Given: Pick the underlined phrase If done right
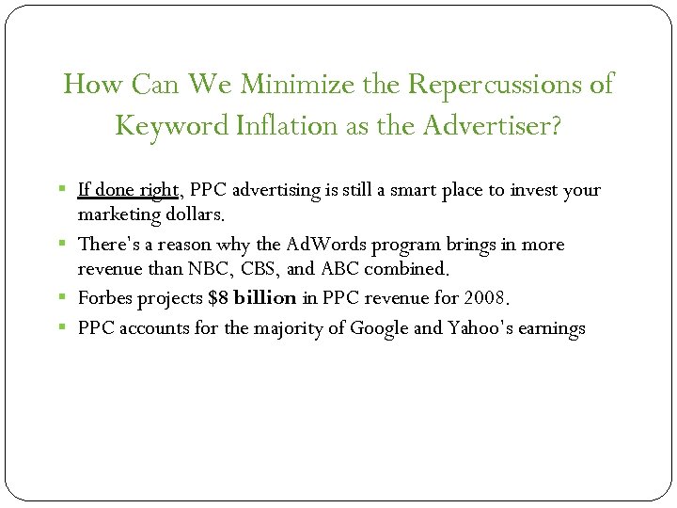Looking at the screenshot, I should (x=128, y=190).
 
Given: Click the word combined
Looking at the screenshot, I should (x=409, y=268).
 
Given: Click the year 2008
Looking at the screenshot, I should (x=485, y=299).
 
